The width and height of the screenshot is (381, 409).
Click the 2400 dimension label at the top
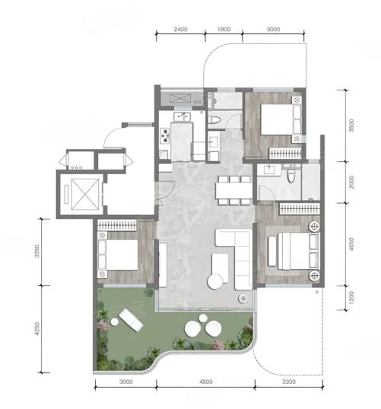pyautogui.click(x=180, y=29)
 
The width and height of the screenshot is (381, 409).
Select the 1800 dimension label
pyautogui.click(x=224, y=29)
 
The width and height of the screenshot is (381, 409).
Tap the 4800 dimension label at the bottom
pyautogui.click(x=206, y=382)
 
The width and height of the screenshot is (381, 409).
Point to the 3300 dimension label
pyautogui.click(x=289, y=382)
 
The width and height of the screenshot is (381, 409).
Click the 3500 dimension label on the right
pyautogui.click(x=352, y=125)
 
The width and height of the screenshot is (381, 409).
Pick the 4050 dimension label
pyautogui.click(x=352, y=244)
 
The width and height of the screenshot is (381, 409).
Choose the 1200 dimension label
pyautogui.click(x=352, y=297)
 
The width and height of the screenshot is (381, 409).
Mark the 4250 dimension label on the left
pyautogui.click(x=37, y=329)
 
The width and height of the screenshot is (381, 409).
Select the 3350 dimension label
pyautogui.click(x=37, y=251)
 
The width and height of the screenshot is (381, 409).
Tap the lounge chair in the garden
pyautogui.click(x=131, y=320)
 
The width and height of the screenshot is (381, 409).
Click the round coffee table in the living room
pyautogui.click(x=215, y=282)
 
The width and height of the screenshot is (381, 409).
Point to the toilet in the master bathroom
pyautogui.click(x=291, y=176)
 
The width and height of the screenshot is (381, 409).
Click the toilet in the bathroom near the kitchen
pyautogui.click(x=214, y=119)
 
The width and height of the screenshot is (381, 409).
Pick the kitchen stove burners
pyautogui.click(x=165, y=135)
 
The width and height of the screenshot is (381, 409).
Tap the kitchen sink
pyautogui.click(x=182, y=116)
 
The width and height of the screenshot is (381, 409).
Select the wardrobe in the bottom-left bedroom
pyautogui.click(x=117, y=225)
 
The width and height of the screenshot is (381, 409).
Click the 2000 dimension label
pyautogui.click(x=352, y=182)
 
